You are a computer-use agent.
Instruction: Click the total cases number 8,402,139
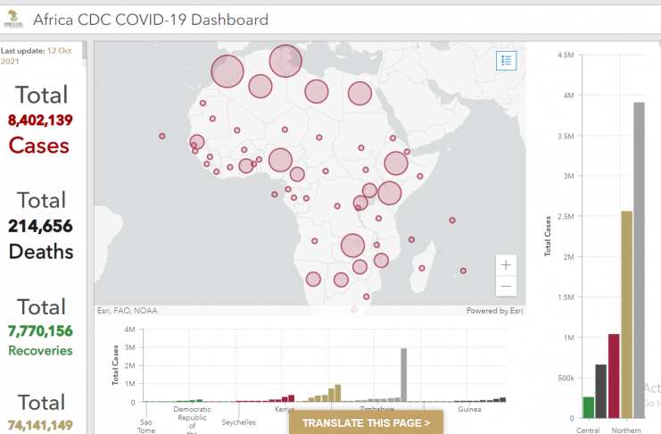40,120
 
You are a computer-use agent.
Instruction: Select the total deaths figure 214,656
40,226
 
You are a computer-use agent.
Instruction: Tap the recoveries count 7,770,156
40,331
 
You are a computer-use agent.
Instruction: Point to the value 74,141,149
40,426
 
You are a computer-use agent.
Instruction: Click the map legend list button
506,61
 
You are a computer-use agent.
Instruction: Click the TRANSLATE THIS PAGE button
366,423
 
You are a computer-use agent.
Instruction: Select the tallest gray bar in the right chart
639,259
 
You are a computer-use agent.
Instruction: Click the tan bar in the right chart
626,313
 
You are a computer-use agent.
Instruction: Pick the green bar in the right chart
588,407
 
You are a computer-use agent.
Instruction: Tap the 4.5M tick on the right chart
564,54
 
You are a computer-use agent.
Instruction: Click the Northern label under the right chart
626,430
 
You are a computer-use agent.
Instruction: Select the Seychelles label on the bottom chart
238,421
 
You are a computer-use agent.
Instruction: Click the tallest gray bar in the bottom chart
404,375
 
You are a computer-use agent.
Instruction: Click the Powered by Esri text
494,311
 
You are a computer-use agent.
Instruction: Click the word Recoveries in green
40,351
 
